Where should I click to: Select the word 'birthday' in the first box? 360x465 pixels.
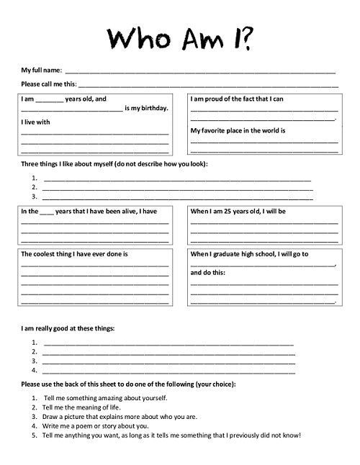(x=154, y=108)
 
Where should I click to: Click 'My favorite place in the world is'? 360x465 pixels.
(x=238, y=131)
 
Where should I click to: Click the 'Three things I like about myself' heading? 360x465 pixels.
(x=114, y=165)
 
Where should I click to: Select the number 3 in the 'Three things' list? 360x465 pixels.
(x=35, y=196)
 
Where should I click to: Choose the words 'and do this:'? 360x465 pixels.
(x=208, y=274)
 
